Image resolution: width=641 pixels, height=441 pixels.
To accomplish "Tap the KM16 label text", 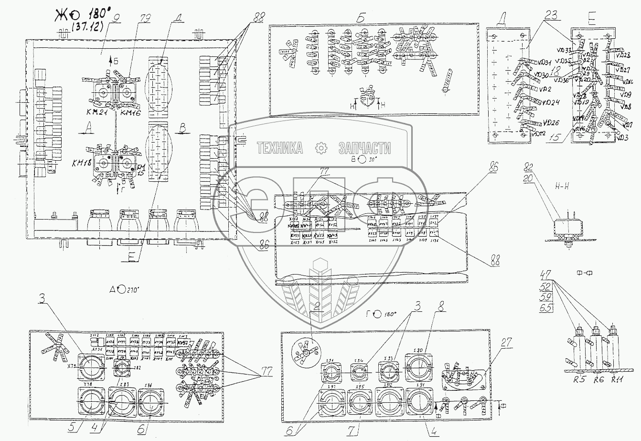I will (x=131, y=112).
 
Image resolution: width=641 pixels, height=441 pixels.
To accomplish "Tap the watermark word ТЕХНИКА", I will (x=279, y=148).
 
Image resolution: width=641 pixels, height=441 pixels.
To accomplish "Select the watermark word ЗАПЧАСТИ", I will (x=364, y=148).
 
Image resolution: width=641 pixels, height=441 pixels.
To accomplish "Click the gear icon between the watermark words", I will (x=321, y=148).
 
